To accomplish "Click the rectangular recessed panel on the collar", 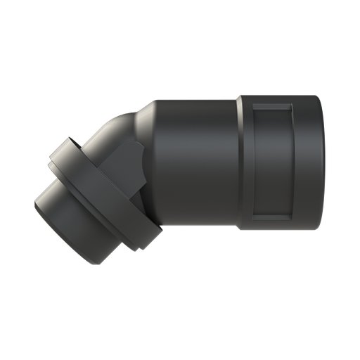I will tap(273, 161).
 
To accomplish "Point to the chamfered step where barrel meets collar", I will tap(237, 161).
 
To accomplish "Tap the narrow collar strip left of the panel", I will tap(245, 161).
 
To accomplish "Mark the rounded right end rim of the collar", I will tap(322, 161).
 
